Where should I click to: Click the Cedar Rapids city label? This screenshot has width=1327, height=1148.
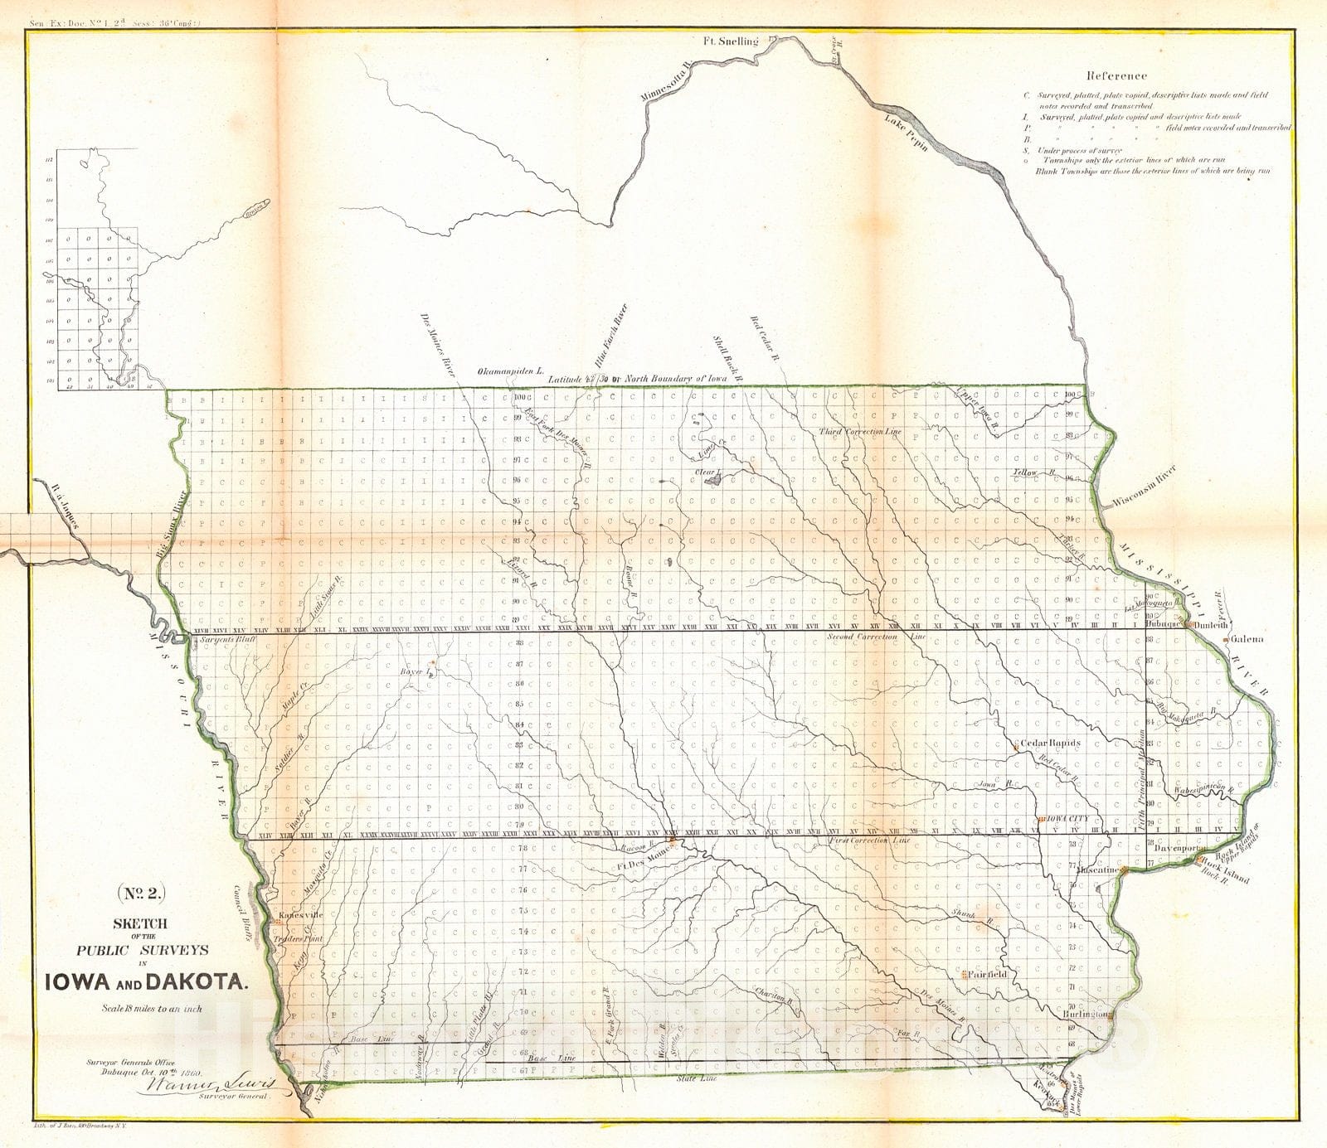1050,744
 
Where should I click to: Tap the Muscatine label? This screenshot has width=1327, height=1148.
1100,871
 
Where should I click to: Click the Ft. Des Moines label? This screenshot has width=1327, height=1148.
642,865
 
